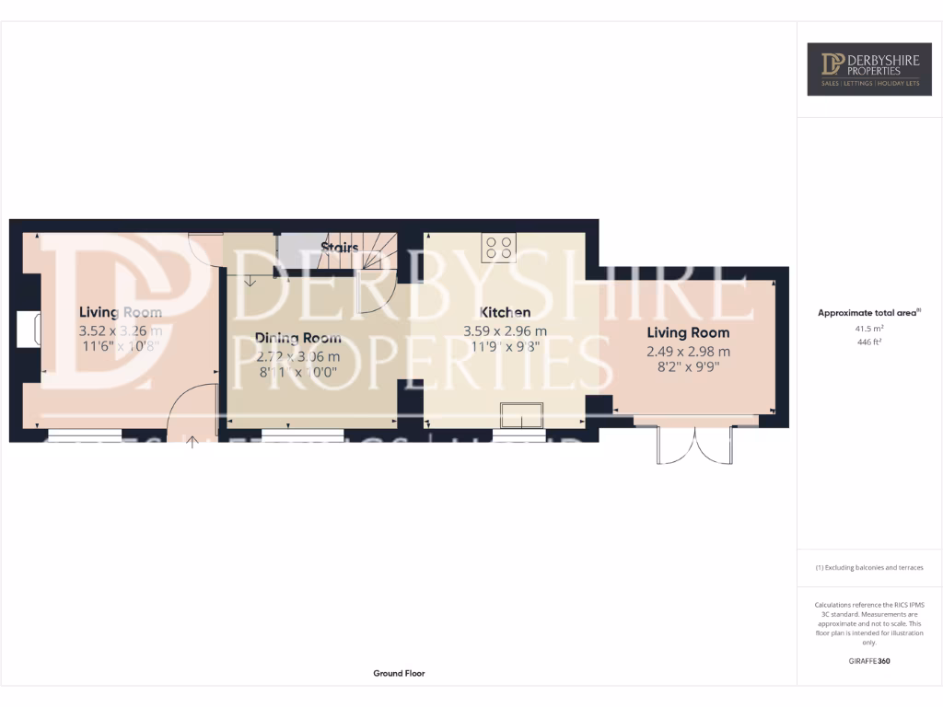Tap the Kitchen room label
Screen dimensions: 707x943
click(x=505, y=313)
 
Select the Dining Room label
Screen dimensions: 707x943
click(x=297, y=338)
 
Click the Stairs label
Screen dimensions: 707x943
click(x=339, y=248)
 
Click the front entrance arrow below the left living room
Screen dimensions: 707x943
click(x=192, y=443)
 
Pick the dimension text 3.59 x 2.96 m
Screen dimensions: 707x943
click(x=505, y=331)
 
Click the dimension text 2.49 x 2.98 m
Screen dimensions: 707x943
click(x=688, y=352)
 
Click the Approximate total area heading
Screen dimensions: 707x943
click(x=868, y=313)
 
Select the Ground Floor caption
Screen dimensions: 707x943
click(x=399, y=674)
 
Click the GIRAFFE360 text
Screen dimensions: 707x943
click(x=869, y=661)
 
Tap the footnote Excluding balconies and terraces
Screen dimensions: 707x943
click(x=869, y=568)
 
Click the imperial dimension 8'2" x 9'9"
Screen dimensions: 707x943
click(x=688, y=367)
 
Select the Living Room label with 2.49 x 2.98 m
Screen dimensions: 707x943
click(x=688, y=333)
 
